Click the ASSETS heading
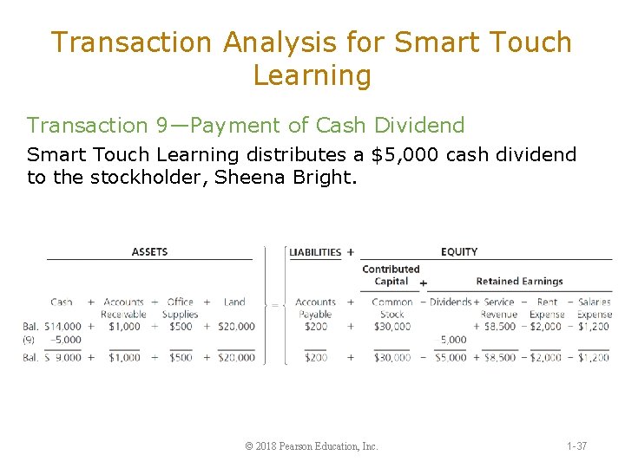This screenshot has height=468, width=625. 149,252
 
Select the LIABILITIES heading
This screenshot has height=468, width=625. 315,252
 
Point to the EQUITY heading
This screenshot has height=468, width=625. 459,252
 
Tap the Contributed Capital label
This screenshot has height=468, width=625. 391,275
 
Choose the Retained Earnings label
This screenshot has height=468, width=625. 519,281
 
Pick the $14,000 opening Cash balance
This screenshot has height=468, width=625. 64,327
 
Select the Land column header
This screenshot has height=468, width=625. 234,302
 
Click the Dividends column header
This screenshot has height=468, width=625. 451,302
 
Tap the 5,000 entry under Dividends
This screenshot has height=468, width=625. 453,340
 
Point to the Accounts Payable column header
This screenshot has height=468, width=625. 315,308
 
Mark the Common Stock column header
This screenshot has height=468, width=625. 392,308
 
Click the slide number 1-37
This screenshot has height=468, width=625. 576,446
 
